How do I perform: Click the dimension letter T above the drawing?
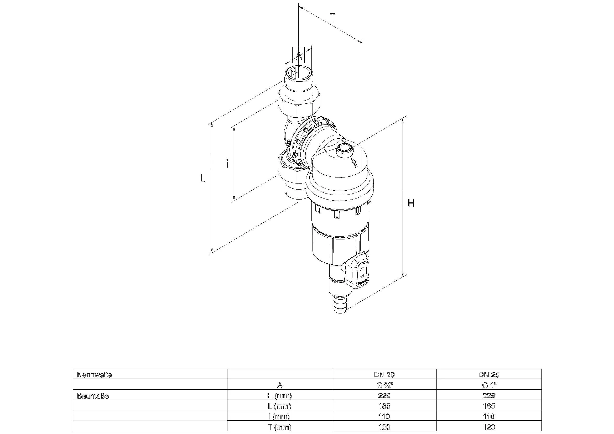[x=332, y=18]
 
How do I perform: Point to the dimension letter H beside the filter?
[x=411, y=203]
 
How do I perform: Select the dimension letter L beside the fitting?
[x=202, y=178]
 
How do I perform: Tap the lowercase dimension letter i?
[x=227, y=163]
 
